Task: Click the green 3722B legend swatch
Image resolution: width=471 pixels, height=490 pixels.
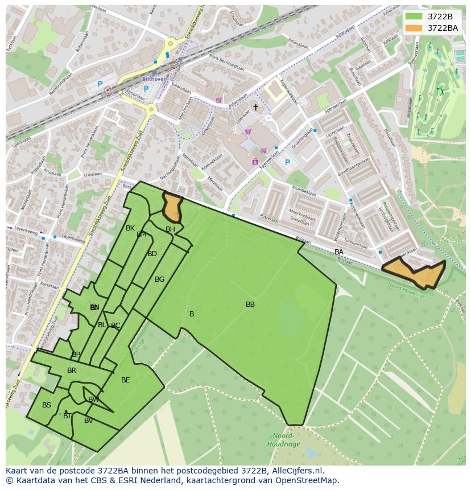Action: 414,17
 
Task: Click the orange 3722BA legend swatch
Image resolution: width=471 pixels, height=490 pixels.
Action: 414,28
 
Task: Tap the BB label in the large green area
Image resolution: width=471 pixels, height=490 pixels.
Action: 250,304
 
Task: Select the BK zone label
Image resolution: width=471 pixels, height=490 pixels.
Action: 130,228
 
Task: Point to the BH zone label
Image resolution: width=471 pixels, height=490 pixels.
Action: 170,229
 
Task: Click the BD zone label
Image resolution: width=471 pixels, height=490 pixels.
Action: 152,254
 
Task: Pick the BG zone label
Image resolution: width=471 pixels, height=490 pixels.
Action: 159,279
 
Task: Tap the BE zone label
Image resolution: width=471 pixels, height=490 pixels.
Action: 126,380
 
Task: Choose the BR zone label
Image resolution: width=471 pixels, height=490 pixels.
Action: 72,370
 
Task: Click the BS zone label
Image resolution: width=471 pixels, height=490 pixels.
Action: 47,405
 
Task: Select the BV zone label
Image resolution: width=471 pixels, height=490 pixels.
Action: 89,421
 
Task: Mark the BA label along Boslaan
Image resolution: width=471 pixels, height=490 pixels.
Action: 339,252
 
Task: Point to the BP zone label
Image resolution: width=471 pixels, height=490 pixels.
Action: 76,355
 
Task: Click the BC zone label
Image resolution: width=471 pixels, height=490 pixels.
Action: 115,326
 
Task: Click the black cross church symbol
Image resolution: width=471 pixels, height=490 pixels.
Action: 255,107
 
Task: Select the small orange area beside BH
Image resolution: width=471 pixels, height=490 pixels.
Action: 172,208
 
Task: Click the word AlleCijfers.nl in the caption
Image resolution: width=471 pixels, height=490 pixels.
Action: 296,471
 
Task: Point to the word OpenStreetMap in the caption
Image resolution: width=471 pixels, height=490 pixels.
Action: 307,480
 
